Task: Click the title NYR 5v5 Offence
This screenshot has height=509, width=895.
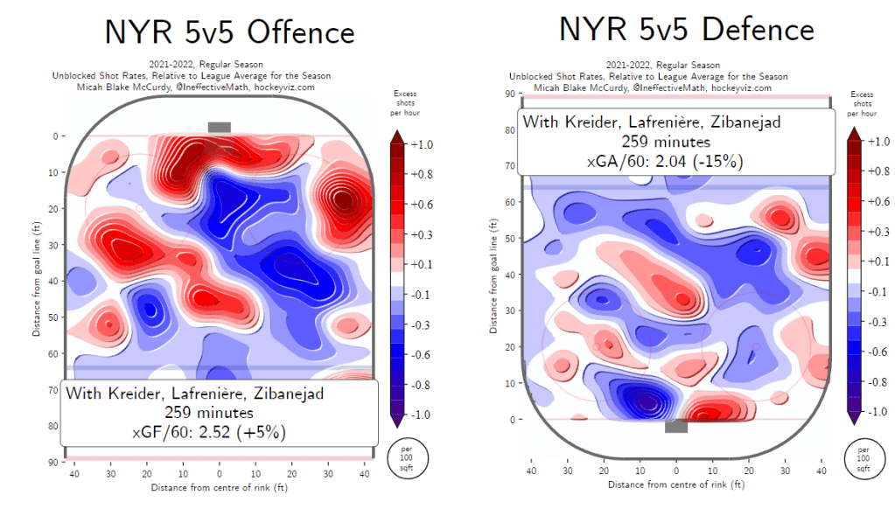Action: click(x=229, y=32)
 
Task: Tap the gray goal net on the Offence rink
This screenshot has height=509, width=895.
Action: click(x=219, y=127)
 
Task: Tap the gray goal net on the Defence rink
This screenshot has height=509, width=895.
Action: click(x=675, y=427)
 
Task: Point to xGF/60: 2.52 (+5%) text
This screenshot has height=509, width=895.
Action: click(x=220, y=431)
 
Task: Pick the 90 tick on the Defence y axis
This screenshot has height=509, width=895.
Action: click(x=506, y=94)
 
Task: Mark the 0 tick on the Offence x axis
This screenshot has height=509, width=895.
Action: click(x=220, y=473)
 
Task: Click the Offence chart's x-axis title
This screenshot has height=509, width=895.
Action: click(x=219, y=486)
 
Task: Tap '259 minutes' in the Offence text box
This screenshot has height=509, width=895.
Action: click(x=220, y=412)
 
